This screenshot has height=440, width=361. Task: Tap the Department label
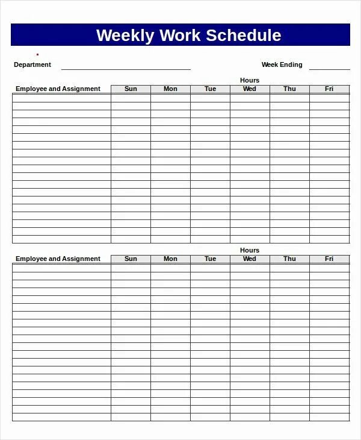(x=32, y=64)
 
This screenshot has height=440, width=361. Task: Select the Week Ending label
(x=282, y=64)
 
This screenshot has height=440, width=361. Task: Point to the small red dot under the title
(x=37, y=55)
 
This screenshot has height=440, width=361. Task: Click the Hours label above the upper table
(x=250, y=80)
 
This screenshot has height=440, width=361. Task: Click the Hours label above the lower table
(x=250, y=250)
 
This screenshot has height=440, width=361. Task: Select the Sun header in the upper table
(x=131, y=89)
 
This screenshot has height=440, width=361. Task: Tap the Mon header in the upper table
(x=170, y=89)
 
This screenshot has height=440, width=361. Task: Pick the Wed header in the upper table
(x=250, y=89)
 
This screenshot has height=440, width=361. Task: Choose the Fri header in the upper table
(x=329, y=89)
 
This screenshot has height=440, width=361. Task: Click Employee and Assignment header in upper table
(x=58, y=89)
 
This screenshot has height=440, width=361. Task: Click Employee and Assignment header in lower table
(x=58, y=259)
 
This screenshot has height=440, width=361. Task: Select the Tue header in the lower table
(x=210, y=259)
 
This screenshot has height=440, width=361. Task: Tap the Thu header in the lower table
(x=289, y=259)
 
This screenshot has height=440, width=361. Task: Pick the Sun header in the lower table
(x=131, y=259)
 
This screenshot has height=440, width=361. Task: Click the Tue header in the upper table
(x=210, y=89)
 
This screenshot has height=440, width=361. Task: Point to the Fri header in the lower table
(x=329, y=259)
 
